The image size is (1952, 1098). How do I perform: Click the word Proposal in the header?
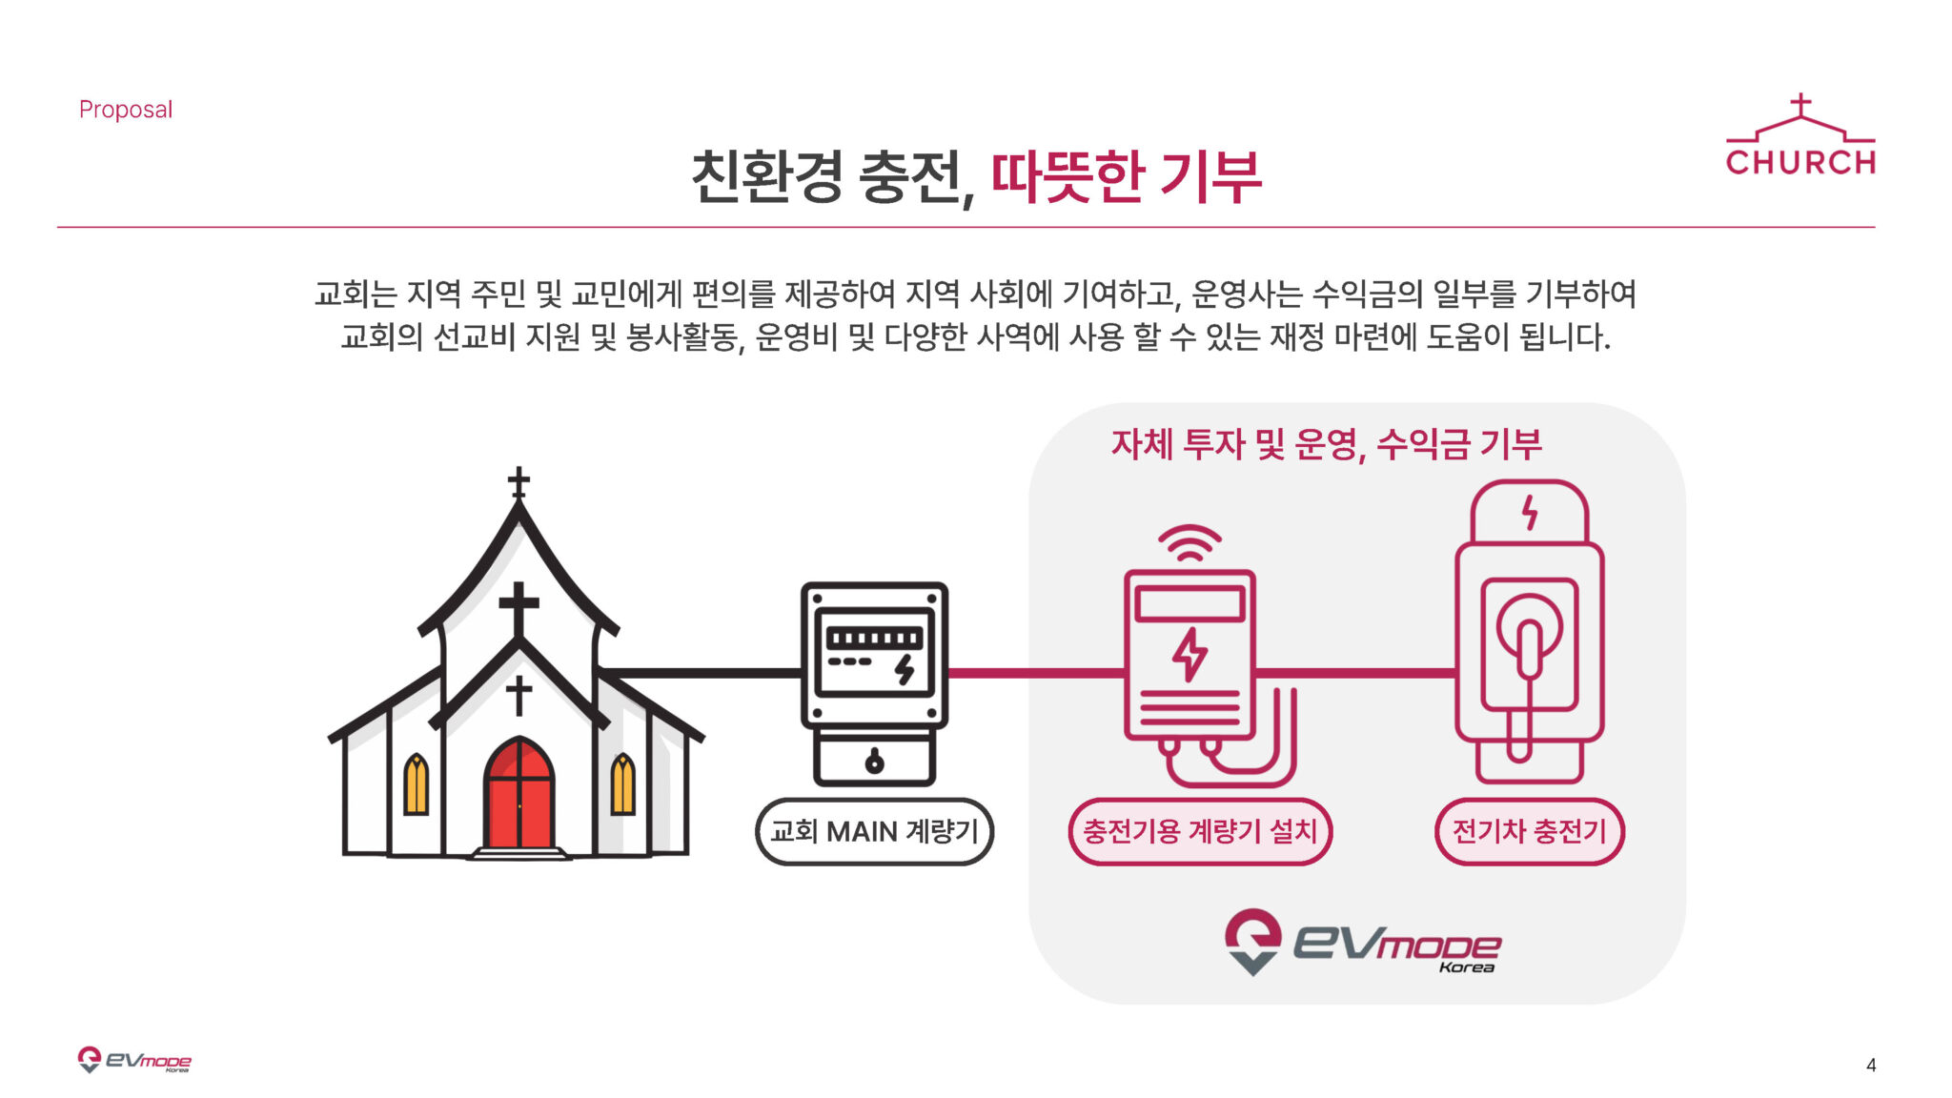tap(126, 110)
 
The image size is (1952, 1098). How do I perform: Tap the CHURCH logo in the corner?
tap(1800, 135)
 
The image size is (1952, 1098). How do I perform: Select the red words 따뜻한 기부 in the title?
tap(1127, 176)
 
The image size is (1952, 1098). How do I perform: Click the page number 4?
tap(1871, 1065)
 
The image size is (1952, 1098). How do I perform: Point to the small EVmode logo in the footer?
tap(134, 1060)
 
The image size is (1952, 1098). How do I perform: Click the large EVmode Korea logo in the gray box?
tap(1363, 943)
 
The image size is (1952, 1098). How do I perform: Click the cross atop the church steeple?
tap(518, 483)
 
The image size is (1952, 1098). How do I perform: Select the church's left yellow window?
tap(416, 783)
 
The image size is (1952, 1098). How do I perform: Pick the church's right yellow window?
tap(622, 783)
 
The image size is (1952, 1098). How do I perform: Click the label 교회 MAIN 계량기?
tap(874, 832)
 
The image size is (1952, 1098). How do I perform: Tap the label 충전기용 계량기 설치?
tap(1200, 832)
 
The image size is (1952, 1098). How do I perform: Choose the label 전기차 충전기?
tap(1529, 832)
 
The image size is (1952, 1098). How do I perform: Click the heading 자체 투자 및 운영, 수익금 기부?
tap(1326, 445)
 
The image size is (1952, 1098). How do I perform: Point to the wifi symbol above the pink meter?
tap(1189, 542)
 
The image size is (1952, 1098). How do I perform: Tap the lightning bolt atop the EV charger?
tap(1530, 513)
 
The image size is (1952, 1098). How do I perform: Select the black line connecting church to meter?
tap(701, 673)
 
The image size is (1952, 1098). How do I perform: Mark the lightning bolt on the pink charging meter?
tap(1189, 655)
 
